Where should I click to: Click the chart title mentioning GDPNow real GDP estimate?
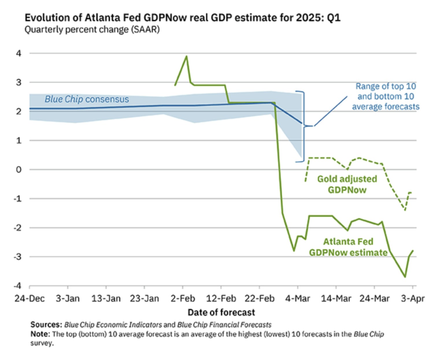click(182, 18)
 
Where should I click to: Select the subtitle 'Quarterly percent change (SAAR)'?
click(92, 30)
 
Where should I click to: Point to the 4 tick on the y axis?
click(19, 53)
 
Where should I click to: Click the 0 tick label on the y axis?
click(19, 170)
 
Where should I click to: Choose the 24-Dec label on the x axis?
click(29, 298)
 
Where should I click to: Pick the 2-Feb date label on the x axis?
click(183, 298)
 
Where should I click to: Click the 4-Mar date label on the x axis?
click(297, 298)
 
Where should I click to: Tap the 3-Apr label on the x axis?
click(412, 298)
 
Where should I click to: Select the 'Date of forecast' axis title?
click(221, 312)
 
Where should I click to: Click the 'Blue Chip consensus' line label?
click(87, 99)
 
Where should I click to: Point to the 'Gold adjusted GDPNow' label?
click(347, 184)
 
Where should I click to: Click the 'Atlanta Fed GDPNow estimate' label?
click(348, 247)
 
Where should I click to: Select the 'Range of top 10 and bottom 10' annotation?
click(386, 97)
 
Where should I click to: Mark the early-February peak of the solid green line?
click(186, 56)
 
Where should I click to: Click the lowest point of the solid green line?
click(405, 277)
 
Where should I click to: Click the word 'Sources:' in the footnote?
click(46, 324)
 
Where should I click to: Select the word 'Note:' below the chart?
click(40, 334)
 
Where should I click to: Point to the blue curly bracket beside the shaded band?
click(303, 127)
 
